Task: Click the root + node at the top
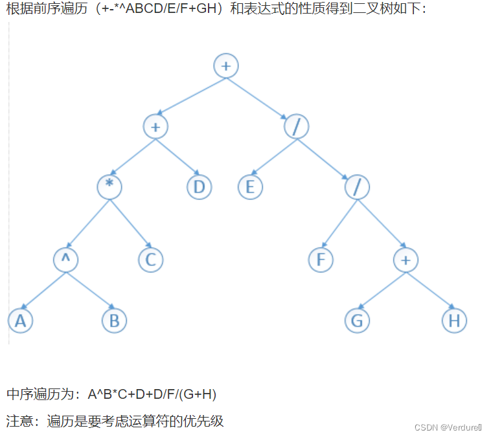pos(226,65)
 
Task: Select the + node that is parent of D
pos(155,126)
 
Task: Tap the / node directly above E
pos(296,126)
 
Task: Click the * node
pos(109,186)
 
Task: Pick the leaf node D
pos(199,186)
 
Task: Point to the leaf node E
pos(249,186)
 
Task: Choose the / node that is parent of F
pos(357,186)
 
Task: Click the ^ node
pos(65,259)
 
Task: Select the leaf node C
pos(150,260)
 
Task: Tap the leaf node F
pos(320,260)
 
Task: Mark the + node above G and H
pos(405,260)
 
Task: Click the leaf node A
pos(20,320)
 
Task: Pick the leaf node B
pos(115,320)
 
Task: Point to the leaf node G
pos(357,320)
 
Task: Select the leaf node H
pos(454,320)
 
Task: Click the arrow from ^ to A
pos(43,289)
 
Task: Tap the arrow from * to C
pos(130,223)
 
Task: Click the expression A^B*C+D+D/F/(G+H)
pos(152,394)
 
